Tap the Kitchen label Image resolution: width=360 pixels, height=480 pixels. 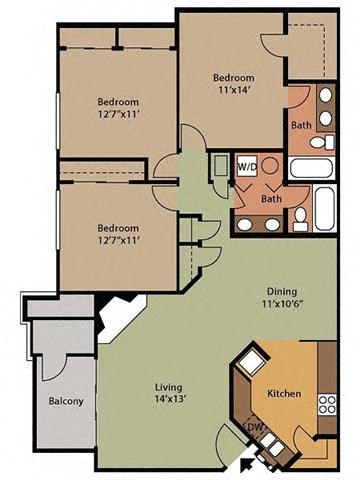click(284, 394)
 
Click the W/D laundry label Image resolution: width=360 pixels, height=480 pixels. click(245, 167)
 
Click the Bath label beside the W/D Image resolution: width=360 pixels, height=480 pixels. click(270, 199)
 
